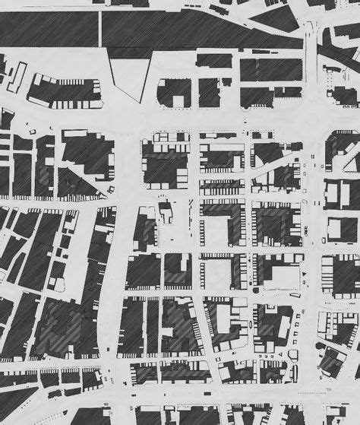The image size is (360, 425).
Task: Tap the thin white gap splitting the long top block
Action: tap(99, 29)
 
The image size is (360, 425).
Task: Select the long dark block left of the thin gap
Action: tap(49, 29)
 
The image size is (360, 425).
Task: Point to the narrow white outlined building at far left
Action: tap(17, 77)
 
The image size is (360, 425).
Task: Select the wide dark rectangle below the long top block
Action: tap(270, 69)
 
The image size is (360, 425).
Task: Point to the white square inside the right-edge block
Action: tap(335, 229)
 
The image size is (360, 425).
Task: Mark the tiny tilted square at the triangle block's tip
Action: tap(109, 189)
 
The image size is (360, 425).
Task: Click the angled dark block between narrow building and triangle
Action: tap(64, 90)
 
